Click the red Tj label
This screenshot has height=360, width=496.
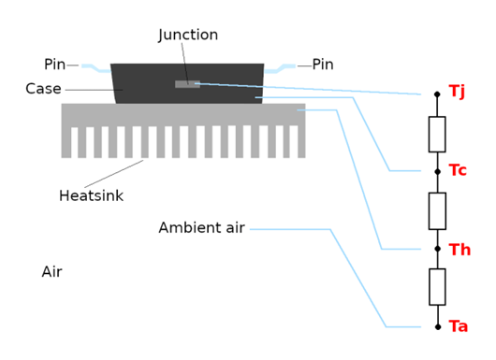tap(457, 91)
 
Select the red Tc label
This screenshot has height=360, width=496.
tap(458, 170)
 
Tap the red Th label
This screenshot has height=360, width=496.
tap(460, 250)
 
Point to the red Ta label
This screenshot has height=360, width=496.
tap(459, 326)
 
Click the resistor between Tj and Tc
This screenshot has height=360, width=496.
tap(437, 134)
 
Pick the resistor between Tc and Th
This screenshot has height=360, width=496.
tap(437, 210)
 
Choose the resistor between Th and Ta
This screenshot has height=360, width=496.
tap(437, 286)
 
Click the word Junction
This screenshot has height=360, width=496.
tap(188, 36)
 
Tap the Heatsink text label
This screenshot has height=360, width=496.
tap(91, 196)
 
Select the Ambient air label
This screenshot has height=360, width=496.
tap(201, 228)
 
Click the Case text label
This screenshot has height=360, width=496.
tap(43, 89)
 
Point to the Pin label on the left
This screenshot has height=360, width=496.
tap(54, 65)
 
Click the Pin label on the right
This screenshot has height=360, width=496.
tap(323, 65)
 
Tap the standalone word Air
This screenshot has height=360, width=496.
tap(51, 272)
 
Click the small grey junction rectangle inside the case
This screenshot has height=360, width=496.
tap(187, 84)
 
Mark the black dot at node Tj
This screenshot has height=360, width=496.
tap(437, 94)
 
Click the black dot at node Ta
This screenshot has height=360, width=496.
tap(437, 327)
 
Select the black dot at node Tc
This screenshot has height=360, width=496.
tap(437, 171)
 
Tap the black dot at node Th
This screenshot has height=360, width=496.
tap(437, 249)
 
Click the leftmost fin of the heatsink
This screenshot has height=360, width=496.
tap(66, 141)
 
